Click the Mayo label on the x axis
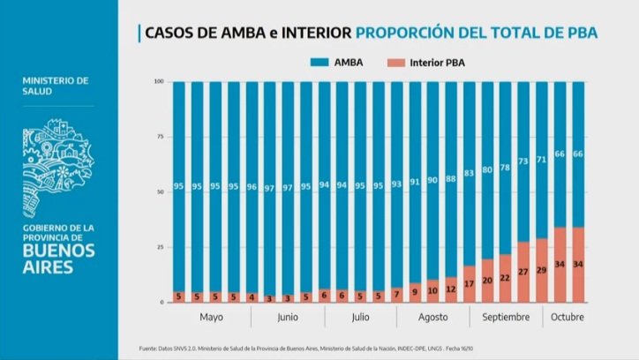[x=211, y=317]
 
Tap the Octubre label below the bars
[x=568, y=317]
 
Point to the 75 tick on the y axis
[x=159, y=137]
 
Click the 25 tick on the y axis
[x=159, y=247]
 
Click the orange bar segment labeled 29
[x=542, y=270]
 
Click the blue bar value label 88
[x=450, y=179]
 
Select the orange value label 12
[x=450, y=289]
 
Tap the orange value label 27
[x=523, y=272]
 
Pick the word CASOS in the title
[x=169, y=33]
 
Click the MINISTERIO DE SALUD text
[x=56, y=86]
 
